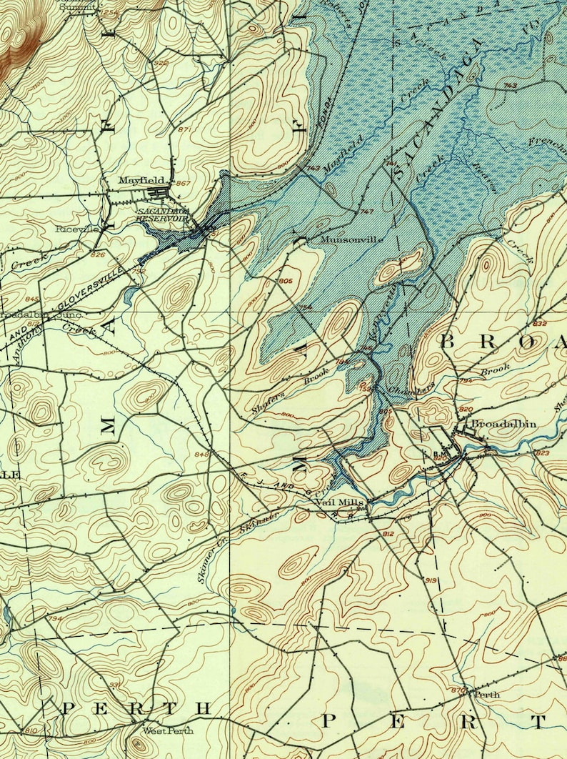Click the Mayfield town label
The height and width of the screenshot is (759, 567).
tap(141, 180)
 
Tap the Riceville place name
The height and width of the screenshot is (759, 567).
tap(77, 229)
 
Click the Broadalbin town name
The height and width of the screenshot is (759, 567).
tap(503, 424)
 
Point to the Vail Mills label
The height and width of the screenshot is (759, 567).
tap(340, 503)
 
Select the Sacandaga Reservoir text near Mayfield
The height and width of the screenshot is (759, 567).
tap(163, 215)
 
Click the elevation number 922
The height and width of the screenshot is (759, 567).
tap(161, 63)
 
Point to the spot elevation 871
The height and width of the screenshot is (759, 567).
tap(186, 129)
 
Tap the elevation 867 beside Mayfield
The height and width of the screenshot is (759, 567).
tap(183, 184)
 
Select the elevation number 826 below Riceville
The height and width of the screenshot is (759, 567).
tap(98, 254)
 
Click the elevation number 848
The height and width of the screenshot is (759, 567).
tap(201, 454)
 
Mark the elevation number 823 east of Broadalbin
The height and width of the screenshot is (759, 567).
tap(542, 452)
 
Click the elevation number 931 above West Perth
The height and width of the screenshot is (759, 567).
tap(114, 685)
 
